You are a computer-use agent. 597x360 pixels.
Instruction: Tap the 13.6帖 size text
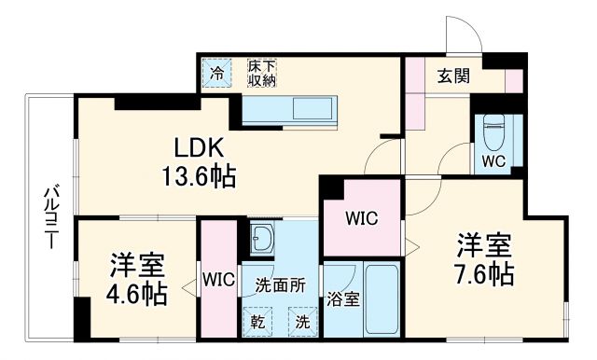pyautogui.click(x=200, y=174)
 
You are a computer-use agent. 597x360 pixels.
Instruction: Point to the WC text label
pyautogui.click(x=493, y=159)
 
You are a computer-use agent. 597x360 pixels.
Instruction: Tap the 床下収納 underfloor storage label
pyautogui.click(x=261, y=73)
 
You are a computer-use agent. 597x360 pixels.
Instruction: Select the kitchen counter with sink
pyautogui.click(x=294, y=110)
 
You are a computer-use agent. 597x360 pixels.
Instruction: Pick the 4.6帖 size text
pyautogui.click(x=136, y=295)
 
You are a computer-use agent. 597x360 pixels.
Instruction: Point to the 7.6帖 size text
pyautogui.click(x=483, y=273)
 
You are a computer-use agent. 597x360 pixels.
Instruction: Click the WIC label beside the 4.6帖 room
pyautogui.click(x=219, y=278)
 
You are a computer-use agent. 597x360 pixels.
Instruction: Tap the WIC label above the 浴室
pyautogui.click(x=360, y=219)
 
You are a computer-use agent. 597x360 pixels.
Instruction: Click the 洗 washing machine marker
pyautogui.click(x=301, y=323)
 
